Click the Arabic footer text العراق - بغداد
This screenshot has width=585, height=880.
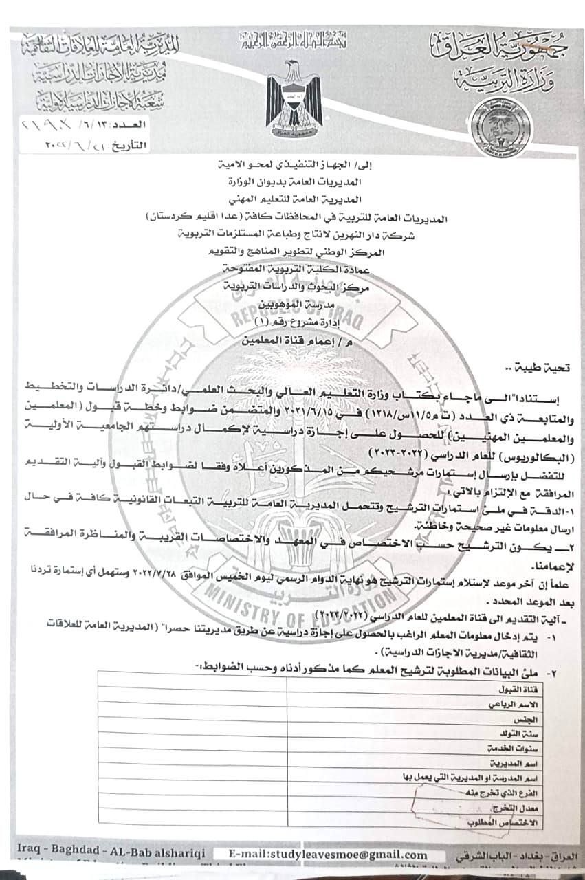[x=511, y=856]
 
